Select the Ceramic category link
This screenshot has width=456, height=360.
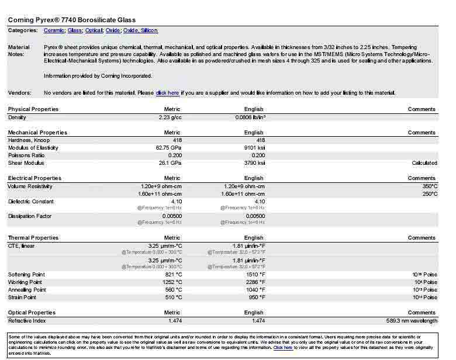click(x=54, y=30)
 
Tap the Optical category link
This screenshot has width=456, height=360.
click(x=94, y=30)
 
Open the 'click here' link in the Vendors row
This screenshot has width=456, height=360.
click(x=167, y=93)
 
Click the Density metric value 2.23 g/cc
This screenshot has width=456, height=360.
click(x=170, y=117)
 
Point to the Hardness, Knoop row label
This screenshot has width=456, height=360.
click(x=29, y=140)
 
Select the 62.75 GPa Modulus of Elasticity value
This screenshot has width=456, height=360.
click(x=168, y=148)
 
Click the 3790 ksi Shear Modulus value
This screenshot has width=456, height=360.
click(x=254, y=163)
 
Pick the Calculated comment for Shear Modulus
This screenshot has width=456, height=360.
click(x=424, y=163)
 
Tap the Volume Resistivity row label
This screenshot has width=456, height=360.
click(x=30, y=186)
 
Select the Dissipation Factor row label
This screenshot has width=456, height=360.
click(x=30, y=216)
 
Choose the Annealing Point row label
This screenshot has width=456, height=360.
click(x=27, y=290)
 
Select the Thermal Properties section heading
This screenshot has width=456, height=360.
click(x=33, y=238)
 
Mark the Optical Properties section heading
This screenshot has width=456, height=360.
click(x=32, y=313)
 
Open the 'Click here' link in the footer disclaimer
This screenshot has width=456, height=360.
click(x=283, y=347)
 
